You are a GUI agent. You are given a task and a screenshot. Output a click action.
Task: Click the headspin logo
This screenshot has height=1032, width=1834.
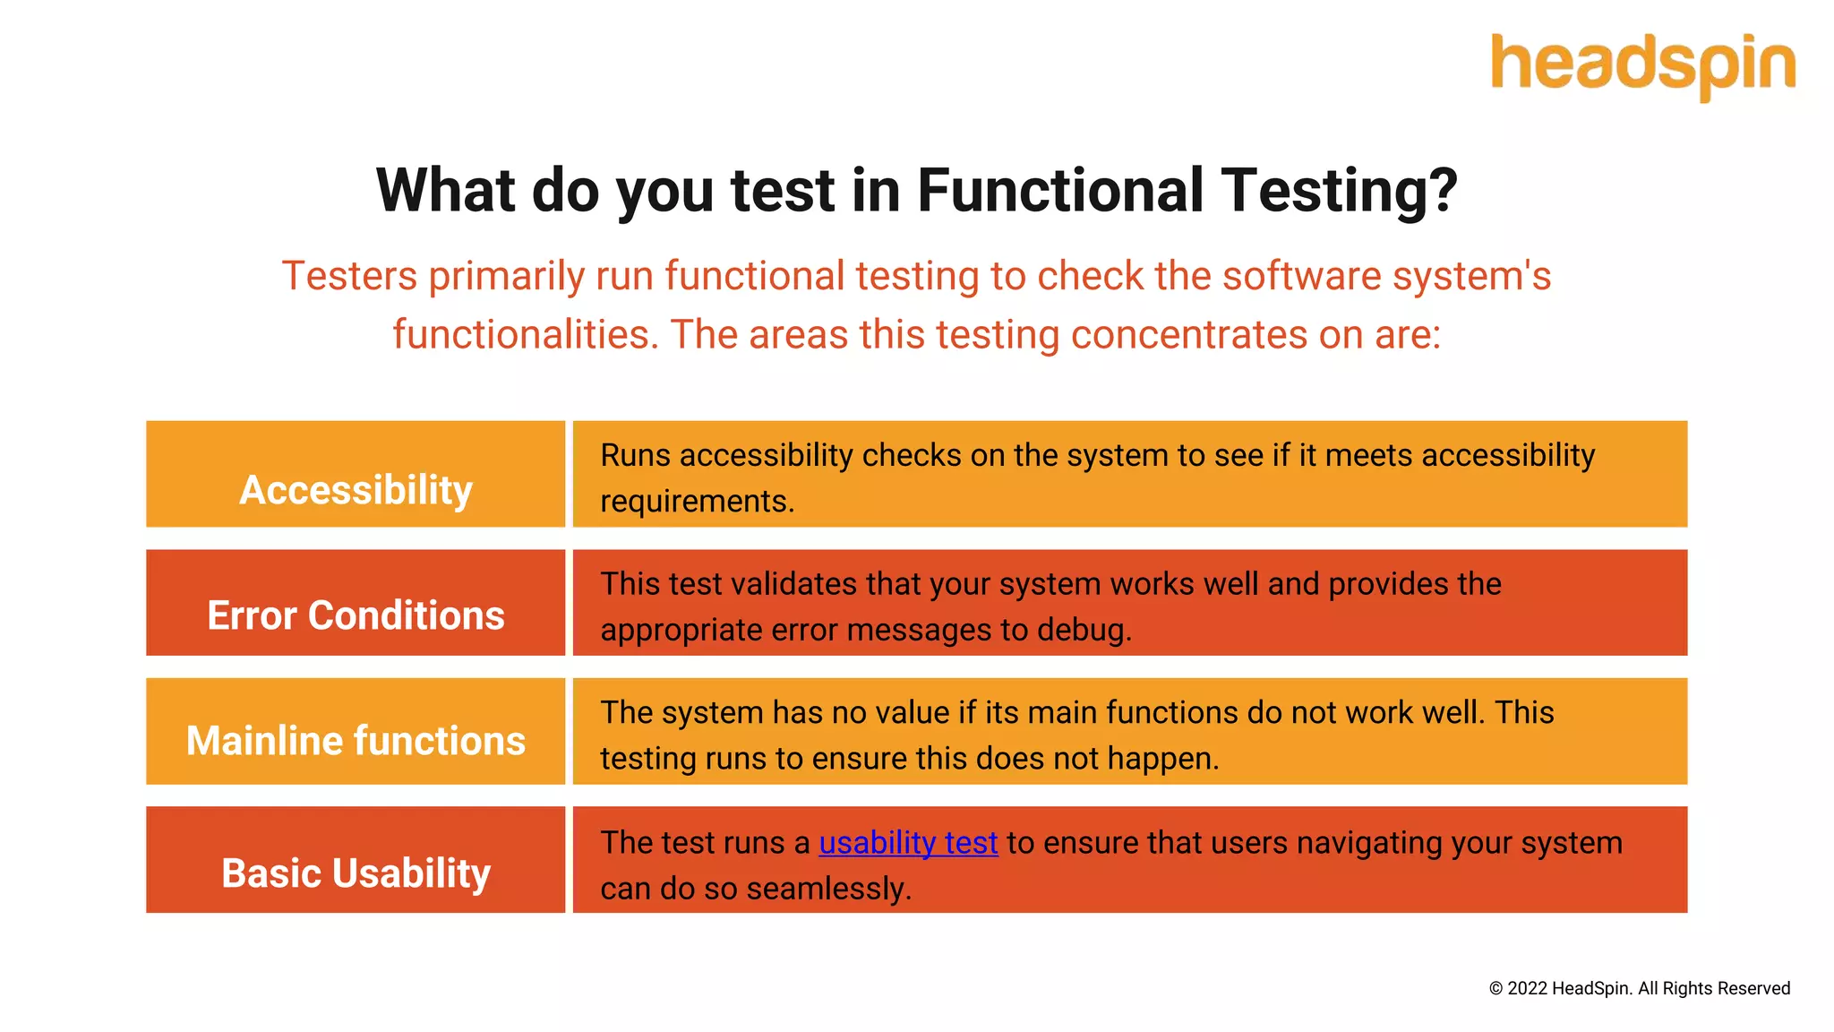pyautogui.click(x=1642, y=66)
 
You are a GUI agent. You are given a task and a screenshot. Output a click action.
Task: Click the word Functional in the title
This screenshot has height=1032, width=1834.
pyautogui.click(x=1060, y=191)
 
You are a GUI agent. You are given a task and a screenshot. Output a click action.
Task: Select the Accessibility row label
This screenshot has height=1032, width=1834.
pyautogui.click(x=356, y=490)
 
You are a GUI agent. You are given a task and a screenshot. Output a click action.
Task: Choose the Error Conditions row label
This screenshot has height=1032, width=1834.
pyautogui.click(x=356, y=615)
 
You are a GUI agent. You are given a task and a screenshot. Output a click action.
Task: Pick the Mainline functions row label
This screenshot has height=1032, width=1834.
pyautogui.click(x=356, y=741)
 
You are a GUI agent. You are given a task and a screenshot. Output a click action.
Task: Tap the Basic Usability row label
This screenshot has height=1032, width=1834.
pyautogui.click(x=356, y=873)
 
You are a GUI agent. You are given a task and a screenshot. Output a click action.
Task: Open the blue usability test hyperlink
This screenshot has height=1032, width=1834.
pyautogui.click(x=908, y=843)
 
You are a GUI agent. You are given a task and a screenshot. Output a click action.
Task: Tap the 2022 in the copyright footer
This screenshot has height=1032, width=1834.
pyautogui.click(x=1527, y=988)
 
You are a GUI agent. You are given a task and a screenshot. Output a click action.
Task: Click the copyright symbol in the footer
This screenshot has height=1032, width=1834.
pyautogui.click(x=1495, y=989)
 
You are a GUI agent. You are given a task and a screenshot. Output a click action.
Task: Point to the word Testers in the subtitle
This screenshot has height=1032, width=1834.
pyautogui.click(x=349, y=276)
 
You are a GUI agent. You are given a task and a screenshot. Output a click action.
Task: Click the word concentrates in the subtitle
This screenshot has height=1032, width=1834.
pyautogui.click(x=1188, y=335)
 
